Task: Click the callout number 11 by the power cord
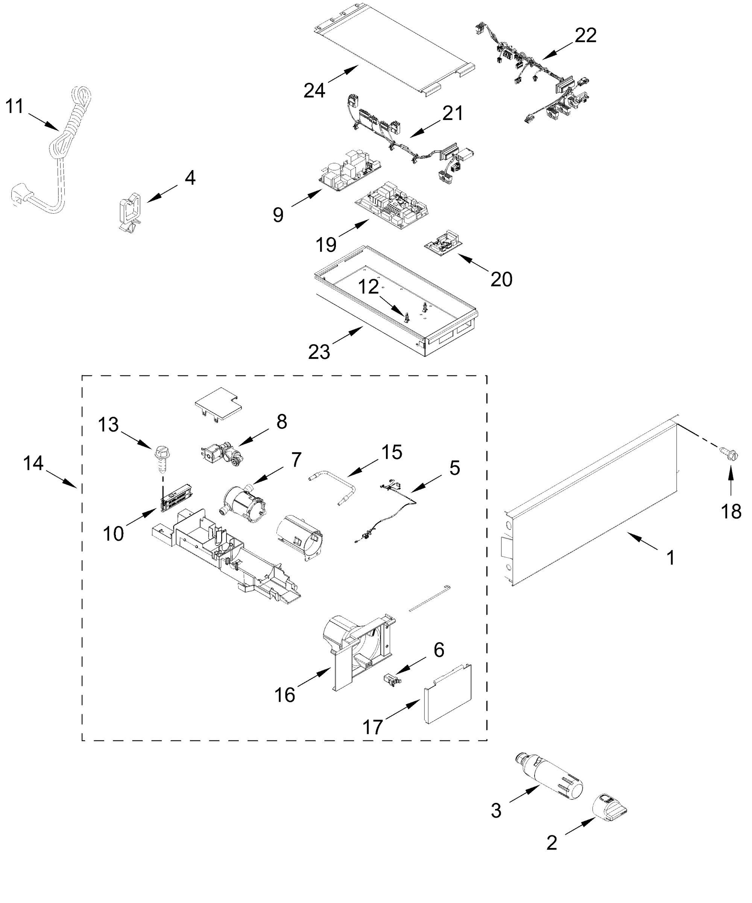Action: click(x=14, y=106)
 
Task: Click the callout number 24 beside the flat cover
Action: click(x=314, y=90)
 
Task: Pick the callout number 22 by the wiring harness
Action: click(x=586, y=35)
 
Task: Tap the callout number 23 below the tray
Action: click(x=319, y=352)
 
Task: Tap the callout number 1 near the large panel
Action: click(x=670, y=558)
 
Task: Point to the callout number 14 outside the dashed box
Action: click(x=33, y=463)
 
